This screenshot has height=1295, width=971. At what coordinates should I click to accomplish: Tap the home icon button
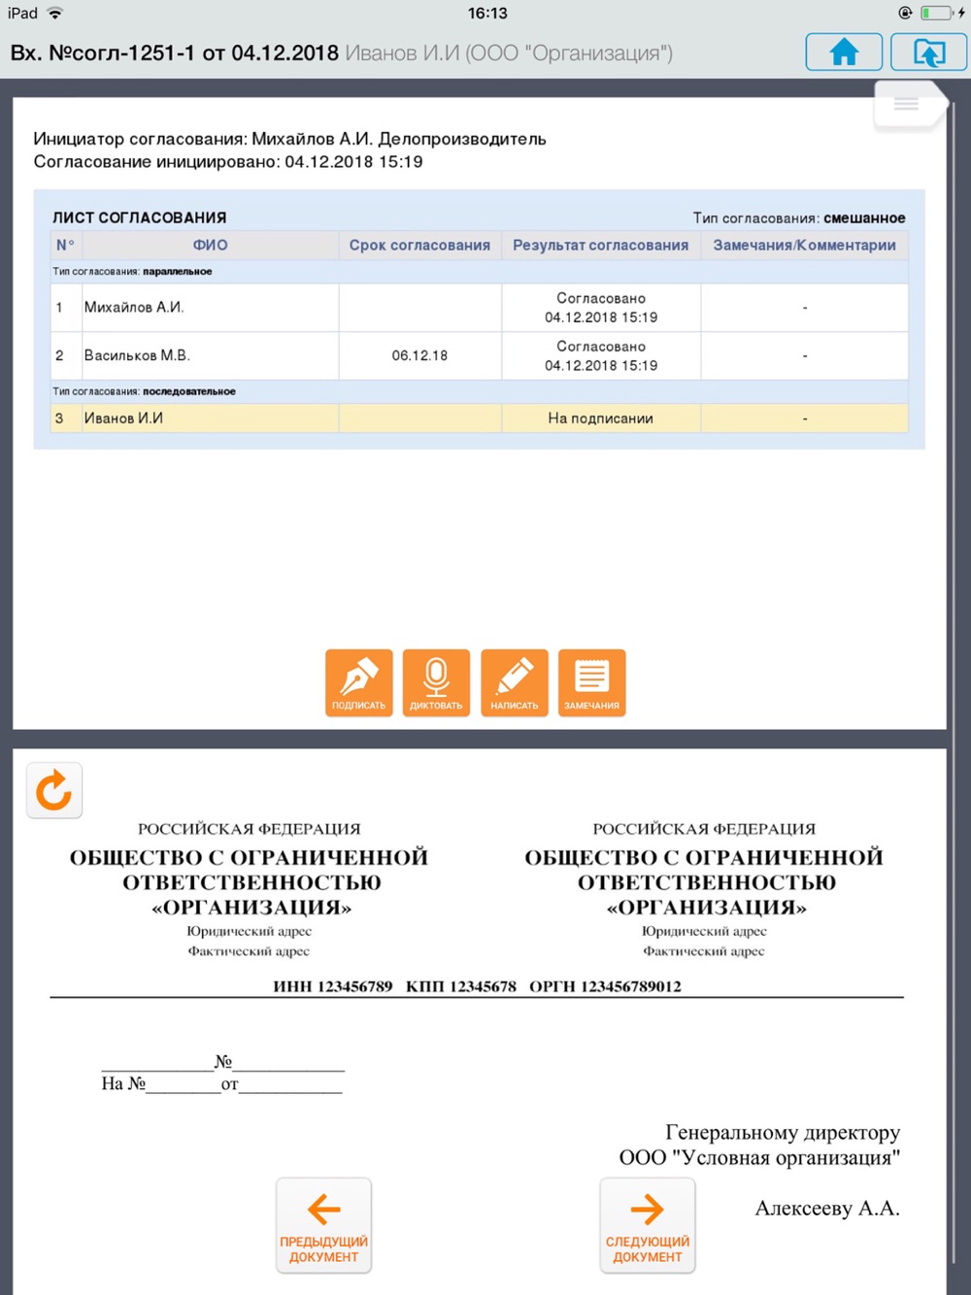click(844, 51)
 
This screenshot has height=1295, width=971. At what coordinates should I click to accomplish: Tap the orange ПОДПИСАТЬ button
click(358, 682)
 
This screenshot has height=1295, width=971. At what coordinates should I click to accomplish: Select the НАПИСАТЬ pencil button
click(514, 682)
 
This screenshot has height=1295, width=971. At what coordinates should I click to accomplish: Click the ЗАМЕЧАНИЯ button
click(591, 682)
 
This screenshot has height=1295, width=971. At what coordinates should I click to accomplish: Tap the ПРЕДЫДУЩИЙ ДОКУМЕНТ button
click(323, 1225)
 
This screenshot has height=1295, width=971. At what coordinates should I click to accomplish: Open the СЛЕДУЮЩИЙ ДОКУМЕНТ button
click(647, 1225)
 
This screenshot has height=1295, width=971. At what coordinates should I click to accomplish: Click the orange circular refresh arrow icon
click(53, 790)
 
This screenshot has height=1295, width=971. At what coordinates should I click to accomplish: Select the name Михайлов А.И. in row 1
click(134, 308)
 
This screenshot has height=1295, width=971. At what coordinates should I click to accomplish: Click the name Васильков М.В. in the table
click(137, 355)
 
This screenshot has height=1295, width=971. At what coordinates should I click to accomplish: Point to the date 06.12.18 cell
click(419, 355)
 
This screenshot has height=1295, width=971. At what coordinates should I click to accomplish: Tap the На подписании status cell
click(600, 418)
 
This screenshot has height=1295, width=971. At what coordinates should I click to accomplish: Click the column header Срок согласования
click(419, 245)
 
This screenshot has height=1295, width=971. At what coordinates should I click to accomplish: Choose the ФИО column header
click(210, 245)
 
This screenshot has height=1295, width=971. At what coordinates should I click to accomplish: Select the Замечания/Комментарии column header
click(804, 245)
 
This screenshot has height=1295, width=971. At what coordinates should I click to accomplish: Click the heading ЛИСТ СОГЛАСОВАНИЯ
click(139, 217)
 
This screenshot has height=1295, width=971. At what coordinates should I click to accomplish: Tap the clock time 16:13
click(487, 13)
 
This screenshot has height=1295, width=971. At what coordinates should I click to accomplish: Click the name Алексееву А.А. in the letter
click(827, 1209)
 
